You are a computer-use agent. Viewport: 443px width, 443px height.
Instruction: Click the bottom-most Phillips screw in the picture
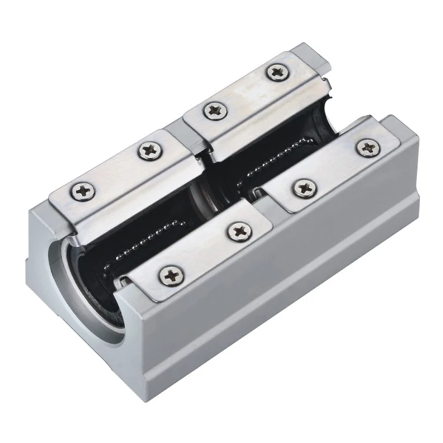(x=171, y=275)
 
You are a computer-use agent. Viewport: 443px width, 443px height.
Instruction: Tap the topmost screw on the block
(x=277, y=72)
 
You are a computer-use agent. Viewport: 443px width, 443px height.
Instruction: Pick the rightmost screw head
(x=368, y=148)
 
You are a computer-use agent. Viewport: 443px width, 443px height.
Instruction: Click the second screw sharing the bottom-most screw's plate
(x=240, y=231)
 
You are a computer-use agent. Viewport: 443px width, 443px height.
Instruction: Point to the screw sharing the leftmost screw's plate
(x=151, y=151)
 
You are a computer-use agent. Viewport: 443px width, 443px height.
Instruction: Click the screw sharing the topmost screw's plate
(x=215, y=111)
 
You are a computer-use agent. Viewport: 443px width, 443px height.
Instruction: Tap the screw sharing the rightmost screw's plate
(x=306, y=187)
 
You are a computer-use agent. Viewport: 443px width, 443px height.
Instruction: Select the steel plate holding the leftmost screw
(x=120, y=180)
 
